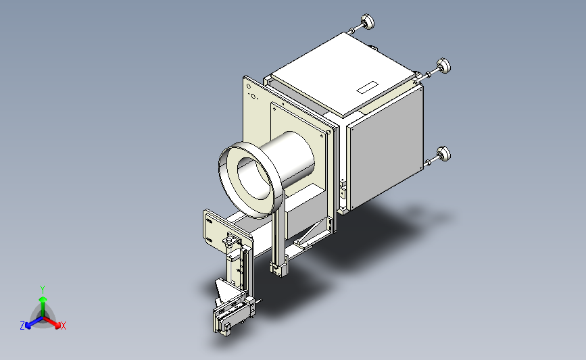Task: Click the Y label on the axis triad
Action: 43,290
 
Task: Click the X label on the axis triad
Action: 64,326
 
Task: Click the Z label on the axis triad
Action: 22,326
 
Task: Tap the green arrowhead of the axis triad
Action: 43,299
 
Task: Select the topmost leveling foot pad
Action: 368,22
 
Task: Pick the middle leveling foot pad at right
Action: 443,66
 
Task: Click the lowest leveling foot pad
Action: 443,154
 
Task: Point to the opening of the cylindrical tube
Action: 254,178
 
